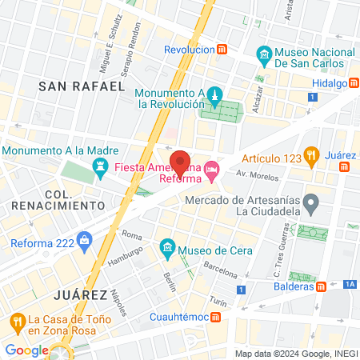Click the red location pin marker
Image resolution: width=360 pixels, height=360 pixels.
click(x=181, y=163)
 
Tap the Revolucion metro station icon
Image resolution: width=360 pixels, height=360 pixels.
click(x=222, y=50)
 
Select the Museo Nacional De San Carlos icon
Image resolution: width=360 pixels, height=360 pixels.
click(x=262, y=56)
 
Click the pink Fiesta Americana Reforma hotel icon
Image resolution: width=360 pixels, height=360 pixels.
click(x=211, y=168)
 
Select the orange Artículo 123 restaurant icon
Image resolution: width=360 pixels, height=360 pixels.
click(x=313, y=154)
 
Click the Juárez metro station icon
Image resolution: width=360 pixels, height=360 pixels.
click(x=345, y=166)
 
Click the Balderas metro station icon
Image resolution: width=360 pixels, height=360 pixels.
click(x=320, y=286)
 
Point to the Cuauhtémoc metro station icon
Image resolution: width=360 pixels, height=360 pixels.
click(x=216, y=317)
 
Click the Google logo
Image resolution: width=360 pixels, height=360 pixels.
click(x=26, y=350)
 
